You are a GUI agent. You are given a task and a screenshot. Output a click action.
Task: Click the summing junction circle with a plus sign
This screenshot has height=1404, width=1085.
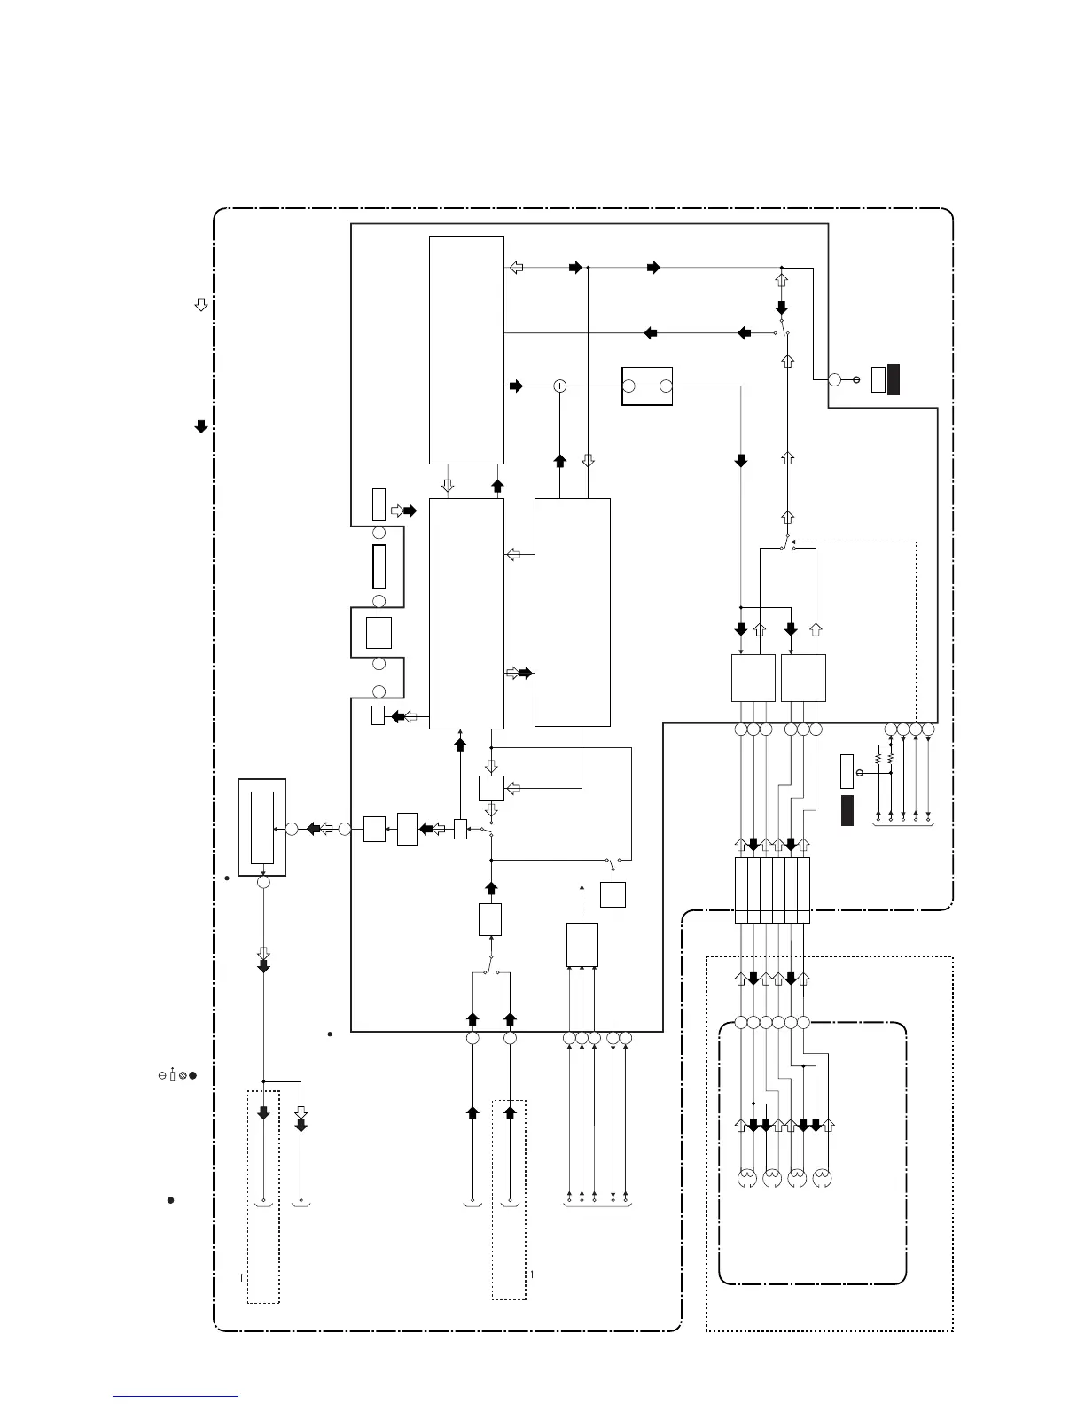559,386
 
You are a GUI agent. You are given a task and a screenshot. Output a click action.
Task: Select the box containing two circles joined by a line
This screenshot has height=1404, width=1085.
647,386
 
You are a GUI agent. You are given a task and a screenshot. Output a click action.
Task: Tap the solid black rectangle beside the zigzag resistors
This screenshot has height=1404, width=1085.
847,811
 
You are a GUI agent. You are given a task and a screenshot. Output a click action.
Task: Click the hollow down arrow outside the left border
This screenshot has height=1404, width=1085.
201,305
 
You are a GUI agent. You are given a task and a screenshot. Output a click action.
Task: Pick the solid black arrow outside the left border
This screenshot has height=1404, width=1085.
201,426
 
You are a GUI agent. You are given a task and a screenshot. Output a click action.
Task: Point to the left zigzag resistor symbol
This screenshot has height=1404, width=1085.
878,760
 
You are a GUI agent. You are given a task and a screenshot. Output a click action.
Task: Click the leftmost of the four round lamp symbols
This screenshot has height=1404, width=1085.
747,1179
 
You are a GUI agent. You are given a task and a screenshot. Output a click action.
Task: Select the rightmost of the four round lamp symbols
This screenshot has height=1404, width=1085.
822,1179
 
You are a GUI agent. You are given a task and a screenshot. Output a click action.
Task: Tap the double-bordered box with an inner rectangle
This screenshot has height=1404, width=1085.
262,827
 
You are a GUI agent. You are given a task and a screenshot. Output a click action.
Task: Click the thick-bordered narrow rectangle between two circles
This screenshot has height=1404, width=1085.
379,567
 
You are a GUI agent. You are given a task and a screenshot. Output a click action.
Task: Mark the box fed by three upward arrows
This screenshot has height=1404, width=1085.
582,945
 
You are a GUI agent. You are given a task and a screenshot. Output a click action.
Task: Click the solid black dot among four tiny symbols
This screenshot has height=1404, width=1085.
191,1075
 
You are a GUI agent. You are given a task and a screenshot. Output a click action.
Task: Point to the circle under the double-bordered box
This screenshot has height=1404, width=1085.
263,883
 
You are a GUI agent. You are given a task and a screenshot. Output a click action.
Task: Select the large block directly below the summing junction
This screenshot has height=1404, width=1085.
573,612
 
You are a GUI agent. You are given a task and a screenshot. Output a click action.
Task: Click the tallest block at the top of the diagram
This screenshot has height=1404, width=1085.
466,349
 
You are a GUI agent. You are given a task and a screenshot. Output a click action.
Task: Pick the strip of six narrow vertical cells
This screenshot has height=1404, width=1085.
772,890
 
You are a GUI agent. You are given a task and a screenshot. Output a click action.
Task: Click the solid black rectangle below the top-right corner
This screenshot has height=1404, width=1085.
894,378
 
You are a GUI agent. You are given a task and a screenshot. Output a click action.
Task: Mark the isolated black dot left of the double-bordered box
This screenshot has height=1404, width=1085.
228,879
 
